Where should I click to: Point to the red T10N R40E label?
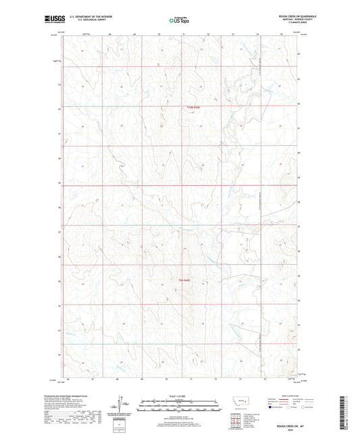195,107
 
